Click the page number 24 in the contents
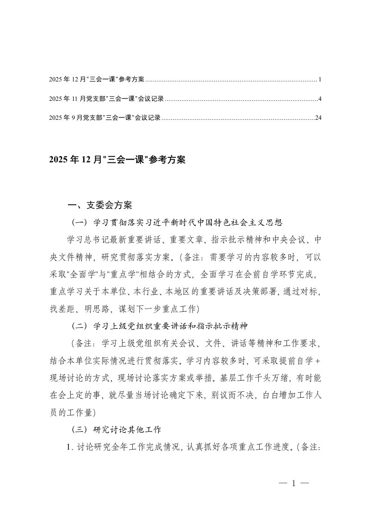tap(318, 118)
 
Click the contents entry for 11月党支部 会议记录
tap(106, 99)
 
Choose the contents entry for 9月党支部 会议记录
tap(105, 118)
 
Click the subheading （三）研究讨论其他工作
tap(116, 429)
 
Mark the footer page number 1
tap(293, 484)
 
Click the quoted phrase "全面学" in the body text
tap(91, 274)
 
